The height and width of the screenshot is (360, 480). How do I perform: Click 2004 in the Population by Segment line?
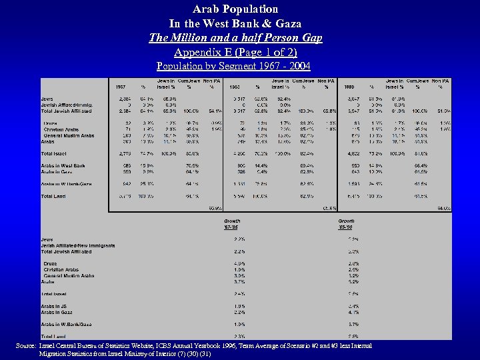tap(297, 66)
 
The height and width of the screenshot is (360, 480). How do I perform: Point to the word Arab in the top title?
tap(206, 9)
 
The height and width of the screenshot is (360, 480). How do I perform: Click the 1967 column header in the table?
tap(121, 87)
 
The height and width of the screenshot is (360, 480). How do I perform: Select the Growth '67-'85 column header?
tap(233, 223)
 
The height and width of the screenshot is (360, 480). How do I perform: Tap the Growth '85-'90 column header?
tap(347, 223)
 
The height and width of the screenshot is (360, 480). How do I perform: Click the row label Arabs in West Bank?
tap(63, 165)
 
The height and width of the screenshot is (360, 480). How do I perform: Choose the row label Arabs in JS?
tap(57, 306)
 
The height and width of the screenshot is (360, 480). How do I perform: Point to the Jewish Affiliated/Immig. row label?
tap(67, 105)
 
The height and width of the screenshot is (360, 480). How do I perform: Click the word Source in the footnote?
tap(25, 345)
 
